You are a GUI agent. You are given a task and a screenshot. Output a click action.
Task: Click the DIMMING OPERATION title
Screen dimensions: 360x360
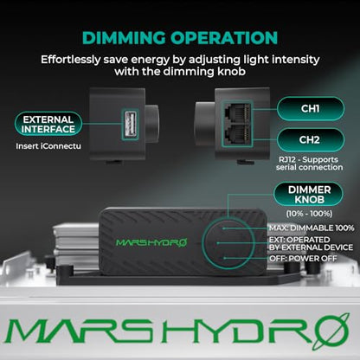tap(180, 38)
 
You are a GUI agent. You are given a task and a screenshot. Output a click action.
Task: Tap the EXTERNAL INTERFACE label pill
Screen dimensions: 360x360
tap(48, 124)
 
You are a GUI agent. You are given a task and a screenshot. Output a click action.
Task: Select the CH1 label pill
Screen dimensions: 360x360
tap(311, 109)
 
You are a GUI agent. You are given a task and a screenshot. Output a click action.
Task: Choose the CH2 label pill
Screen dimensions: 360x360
tap(311, 140)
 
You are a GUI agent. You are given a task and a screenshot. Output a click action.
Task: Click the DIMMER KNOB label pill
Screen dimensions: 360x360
tap(309, 195)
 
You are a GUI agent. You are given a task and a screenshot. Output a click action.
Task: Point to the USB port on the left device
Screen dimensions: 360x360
tap(131, 125)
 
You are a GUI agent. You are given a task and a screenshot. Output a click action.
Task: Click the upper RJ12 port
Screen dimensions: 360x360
tap(237, 112)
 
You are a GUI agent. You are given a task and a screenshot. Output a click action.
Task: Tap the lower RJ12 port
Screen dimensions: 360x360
tap(237, 135)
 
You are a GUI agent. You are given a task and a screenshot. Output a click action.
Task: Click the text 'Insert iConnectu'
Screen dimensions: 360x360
tap(48, 146)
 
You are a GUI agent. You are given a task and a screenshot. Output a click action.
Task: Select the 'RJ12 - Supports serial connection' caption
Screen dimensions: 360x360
tap(309, 164)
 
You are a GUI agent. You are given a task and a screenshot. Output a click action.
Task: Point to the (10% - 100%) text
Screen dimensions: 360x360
tap(309, 214)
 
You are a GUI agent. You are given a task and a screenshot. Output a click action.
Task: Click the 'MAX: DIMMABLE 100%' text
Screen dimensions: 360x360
tap(312, 228)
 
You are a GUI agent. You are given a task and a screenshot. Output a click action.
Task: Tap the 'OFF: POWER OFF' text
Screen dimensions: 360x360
tap(303, 259)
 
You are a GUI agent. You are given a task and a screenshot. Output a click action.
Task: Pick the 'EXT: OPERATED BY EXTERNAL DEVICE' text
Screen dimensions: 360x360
tap(311, 244)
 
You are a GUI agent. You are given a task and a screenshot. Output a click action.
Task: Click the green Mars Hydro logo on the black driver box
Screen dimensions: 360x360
tap(151, 242)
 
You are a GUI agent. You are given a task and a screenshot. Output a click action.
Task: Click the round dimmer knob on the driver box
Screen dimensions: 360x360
tap(228, 243)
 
